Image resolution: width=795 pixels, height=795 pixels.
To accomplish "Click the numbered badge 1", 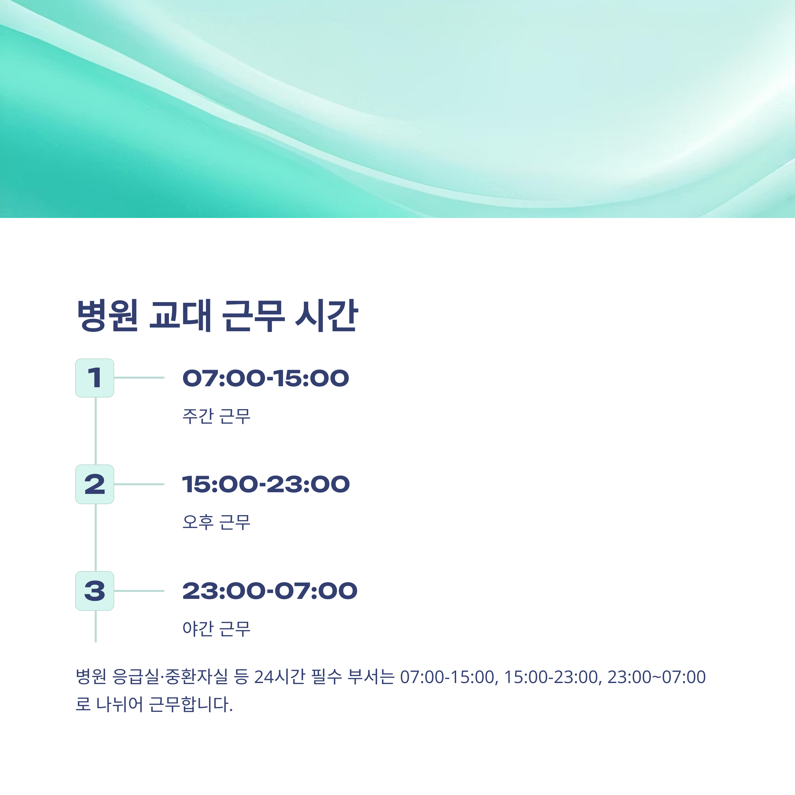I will click(x=95, y=378).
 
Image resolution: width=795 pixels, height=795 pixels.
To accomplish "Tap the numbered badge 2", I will click(x=95, y=484).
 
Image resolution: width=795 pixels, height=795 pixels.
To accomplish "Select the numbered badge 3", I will click(x=95, y=591).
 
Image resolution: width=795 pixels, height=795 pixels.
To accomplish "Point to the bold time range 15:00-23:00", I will click(x=266, y=484).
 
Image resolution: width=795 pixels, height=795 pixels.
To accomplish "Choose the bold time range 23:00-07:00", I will click(x=270, y=591).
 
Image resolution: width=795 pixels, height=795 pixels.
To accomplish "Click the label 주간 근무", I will click(x=216, y=416).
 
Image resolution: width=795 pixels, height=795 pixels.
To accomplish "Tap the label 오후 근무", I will click(x=216, y=522).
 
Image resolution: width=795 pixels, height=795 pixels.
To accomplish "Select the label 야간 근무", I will click(x=216, y=629).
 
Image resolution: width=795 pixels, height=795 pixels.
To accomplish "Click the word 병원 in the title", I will click(x=107, y=316).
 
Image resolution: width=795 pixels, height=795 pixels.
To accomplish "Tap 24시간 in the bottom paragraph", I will click(x=279, y=677).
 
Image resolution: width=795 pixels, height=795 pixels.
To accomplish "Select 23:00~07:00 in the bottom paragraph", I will click(x=656, y=677).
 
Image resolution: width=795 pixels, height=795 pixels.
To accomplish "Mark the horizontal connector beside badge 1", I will click(x=139, y=378).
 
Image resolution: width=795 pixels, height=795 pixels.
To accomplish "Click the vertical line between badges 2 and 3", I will click(x=96, y=537).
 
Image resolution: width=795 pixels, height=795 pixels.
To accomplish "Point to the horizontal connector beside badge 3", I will click(x=139, y=591).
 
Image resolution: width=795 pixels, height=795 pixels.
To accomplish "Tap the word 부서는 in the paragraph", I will click(x=371, y=677).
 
